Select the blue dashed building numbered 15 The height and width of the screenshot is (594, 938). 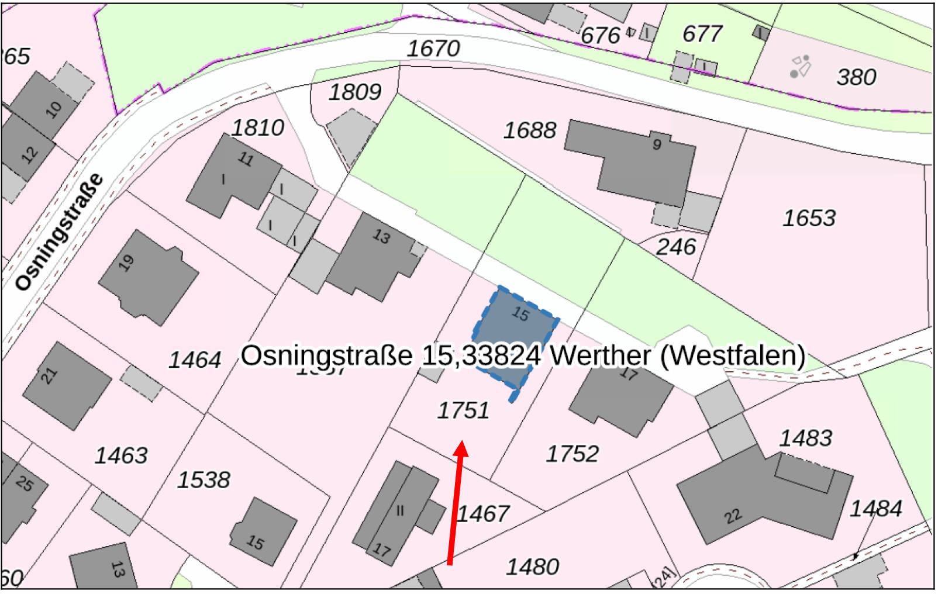tap(515, 333)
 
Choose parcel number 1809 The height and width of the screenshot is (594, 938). tap(355, 92)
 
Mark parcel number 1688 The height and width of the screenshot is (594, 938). tap(530, 130)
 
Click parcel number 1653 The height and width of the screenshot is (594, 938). tap(809, 219)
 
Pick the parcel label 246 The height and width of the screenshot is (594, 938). tap(675, 247)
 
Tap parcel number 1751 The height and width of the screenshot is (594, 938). tap(463, 410)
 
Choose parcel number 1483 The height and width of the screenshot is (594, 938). tap(805, 438)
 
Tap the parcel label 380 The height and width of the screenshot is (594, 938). tap(856, 77)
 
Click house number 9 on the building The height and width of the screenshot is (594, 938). tap(657, 144)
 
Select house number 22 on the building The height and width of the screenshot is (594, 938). tap(733, 516)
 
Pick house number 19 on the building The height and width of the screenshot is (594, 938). tap(126, 263)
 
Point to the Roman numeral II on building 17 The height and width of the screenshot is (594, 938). tap(400, 511)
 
